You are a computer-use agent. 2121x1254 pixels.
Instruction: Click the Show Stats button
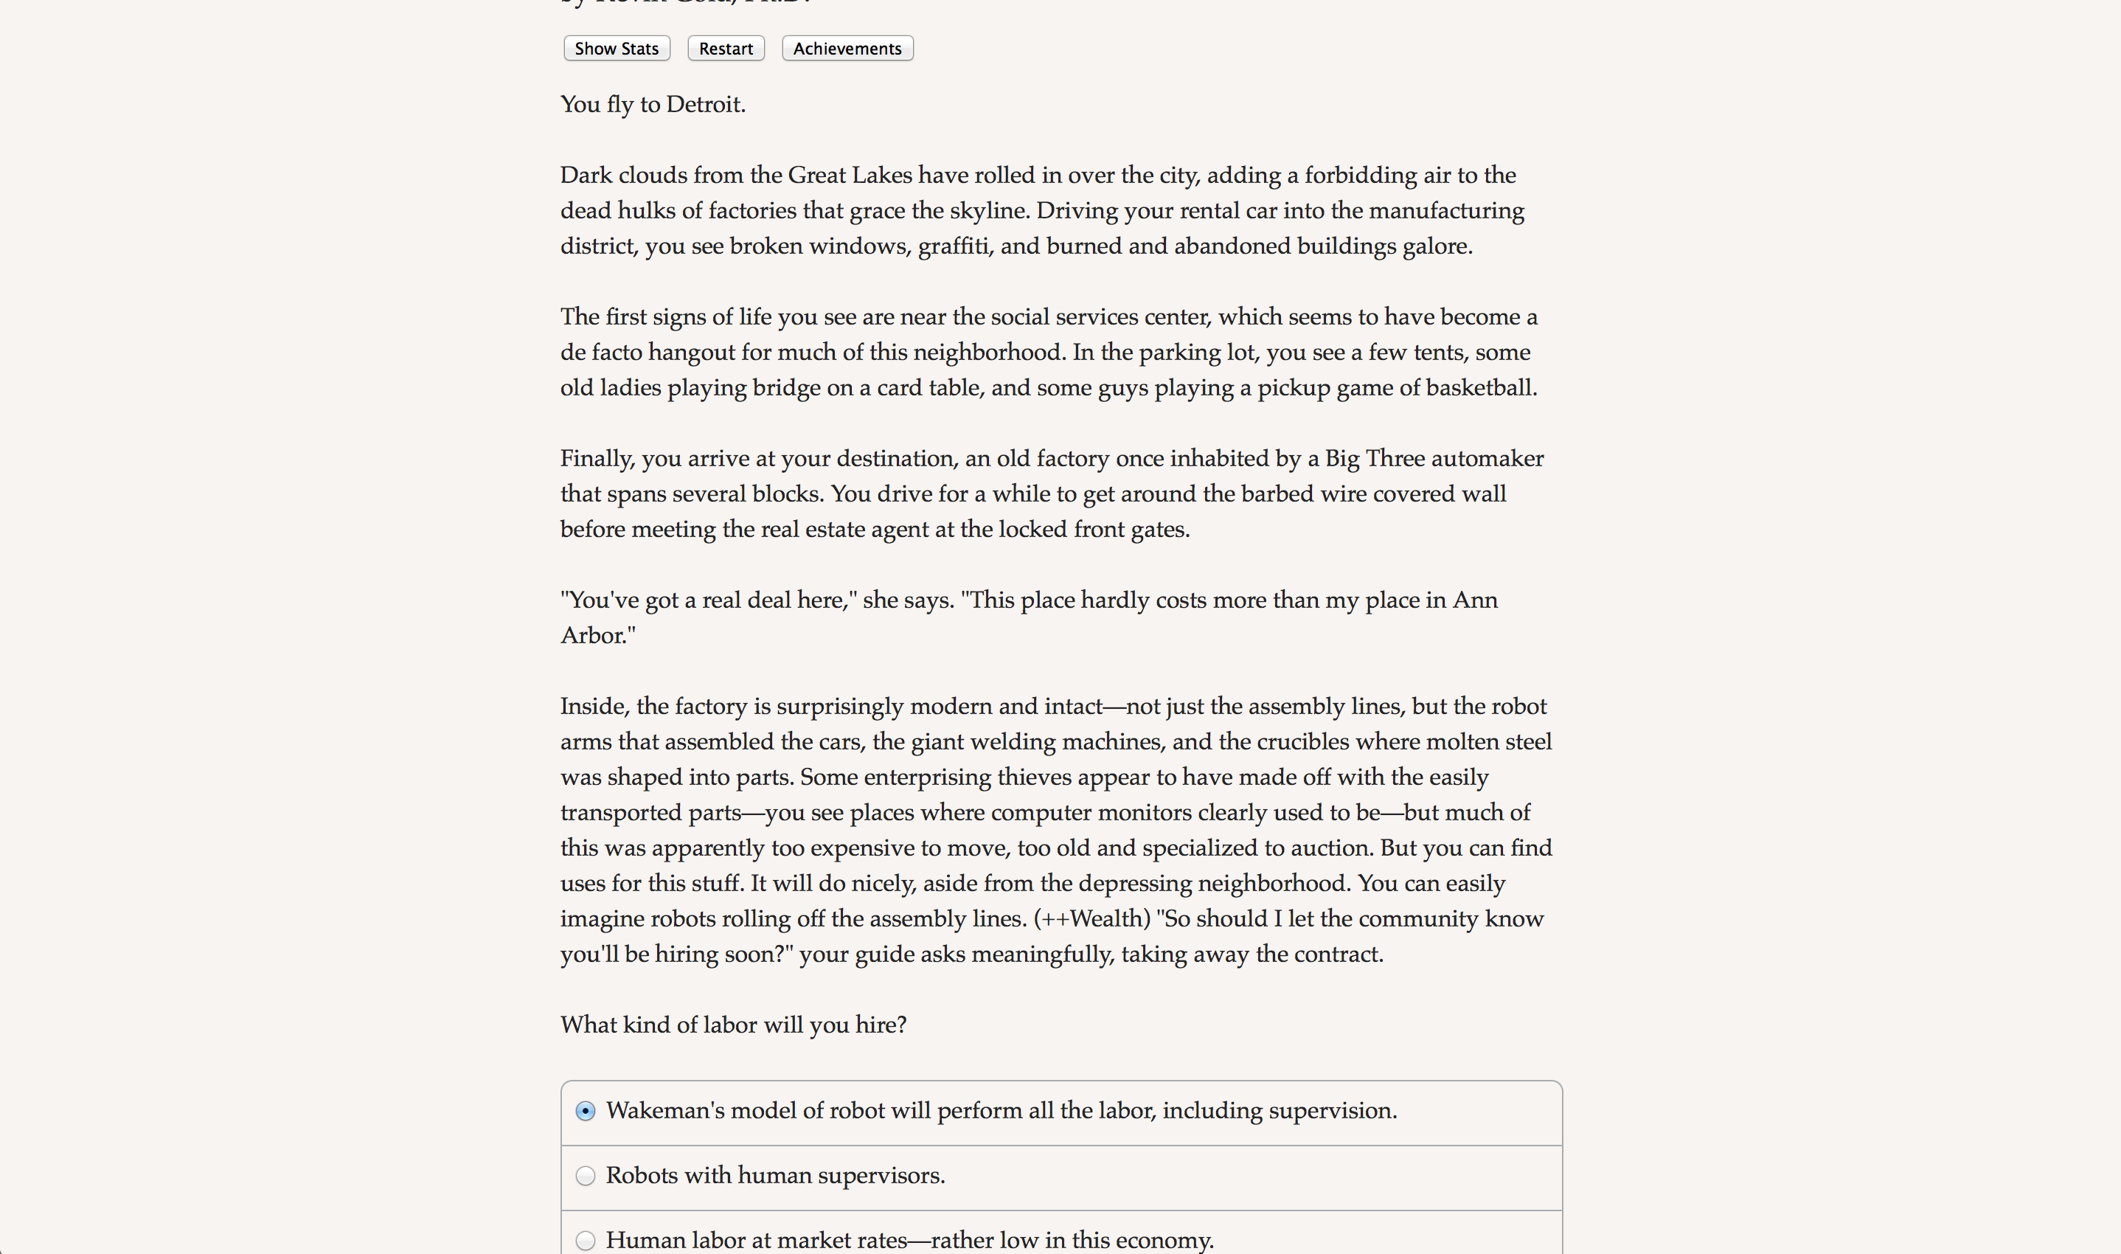pyautogui.click(x=617, y=49)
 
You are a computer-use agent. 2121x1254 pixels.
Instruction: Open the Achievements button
pyautogui.click(x=847, y=49)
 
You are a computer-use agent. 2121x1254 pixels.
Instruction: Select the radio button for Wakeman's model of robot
pyautogui.click(x=586, y=1111)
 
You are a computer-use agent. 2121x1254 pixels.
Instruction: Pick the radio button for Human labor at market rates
pyautogui.click(x=586, y=1241)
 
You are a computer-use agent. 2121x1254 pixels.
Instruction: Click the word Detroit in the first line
pyautogui.click(x=704, y=105)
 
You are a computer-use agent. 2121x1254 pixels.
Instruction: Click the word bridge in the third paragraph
pyautogui.click(x=781, y=388)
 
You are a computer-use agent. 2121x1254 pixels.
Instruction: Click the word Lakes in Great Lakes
pyautogui.click(x=881, y=176)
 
